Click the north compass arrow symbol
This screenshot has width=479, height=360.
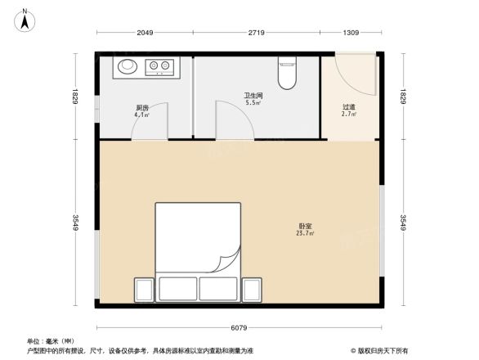click(25, 19)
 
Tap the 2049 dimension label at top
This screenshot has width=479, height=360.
click(145, 33)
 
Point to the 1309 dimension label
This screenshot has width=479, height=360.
click(351, 33)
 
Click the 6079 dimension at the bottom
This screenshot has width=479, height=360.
click(238, 328)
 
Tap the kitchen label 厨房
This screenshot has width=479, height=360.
click(141, 108)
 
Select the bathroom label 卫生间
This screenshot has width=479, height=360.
click(253, 96)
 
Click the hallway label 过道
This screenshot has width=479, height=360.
click(348, 106)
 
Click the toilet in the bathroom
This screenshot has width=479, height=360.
click(287, 73)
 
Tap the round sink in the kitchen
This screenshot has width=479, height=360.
click(128, 65)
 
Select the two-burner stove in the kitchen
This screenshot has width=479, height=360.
click(159, 65)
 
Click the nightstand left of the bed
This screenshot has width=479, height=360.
click(144, 290)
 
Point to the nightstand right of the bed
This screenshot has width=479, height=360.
click(252, 290)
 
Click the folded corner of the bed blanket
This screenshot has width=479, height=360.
click(225, 263)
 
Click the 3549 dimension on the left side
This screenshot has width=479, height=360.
click(75, 223)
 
